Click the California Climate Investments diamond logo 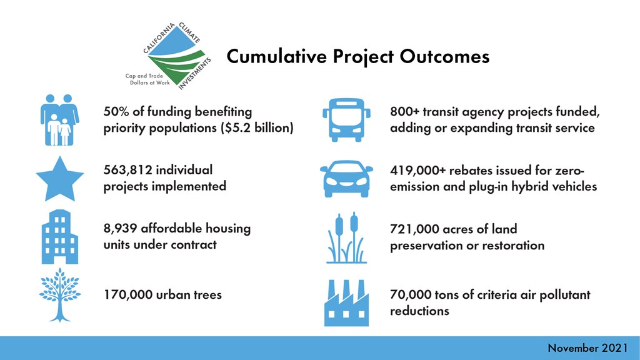point(177,56)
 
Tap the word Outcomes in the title point(444,56)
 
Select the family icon point(59,120)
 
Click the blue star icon point(60,179)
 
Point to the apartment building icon point(60,237)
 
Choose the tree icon point(60,295)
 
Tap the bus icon point(346,120)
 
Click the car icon point(346,179)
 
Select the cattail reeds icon point(346,237)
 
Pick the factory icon point(346,303)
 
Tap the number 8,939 point(120,228)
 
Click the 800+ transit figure point(404,111)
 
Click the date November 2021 point(587,347)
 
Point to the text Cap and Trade point(144,76)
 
